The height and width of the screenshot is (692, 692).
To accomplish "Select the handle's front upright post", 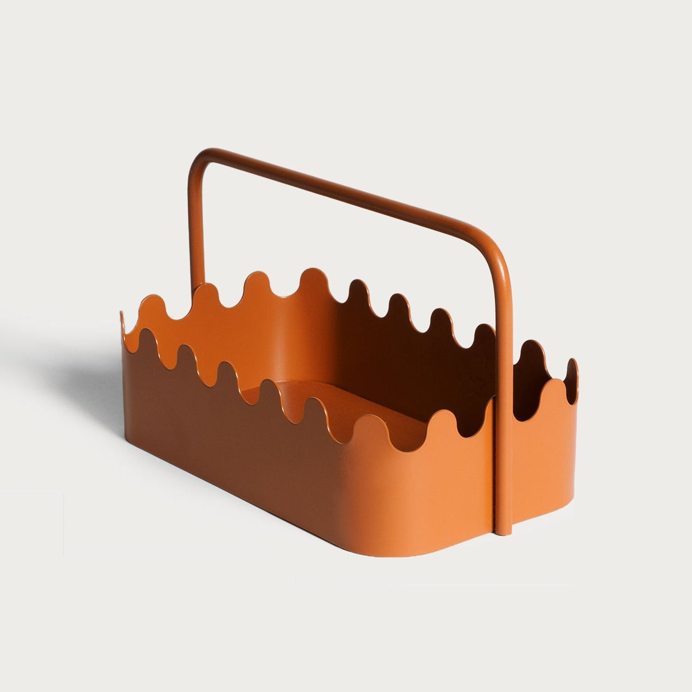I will click(505, 377).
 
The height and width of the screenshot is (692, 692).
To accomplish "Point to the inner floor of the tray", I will click(352, 403).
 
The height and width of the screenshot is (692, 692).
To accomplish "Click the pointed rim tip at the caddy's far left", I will click(122, 315).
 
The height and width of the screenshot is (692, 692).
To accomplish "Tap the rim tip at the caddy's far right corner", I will click(572, 363).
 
